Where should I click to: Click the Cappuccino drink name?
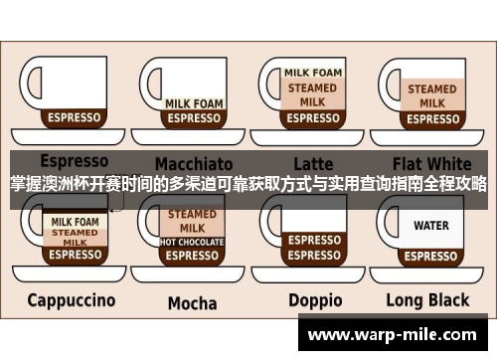(71, 299)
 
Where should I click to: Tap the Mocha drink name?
(192, 302)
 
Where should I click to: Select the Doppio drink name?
(315, 299)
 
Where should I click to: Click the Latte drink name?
(313, 163)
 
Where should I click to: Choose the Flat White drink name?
(431, 162)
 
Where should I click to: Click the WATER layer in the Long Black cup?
(431, 226)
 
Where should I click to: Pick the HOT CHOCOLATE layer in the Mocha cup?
(192, 242)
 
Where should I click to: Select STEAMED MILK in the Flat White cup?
(431, 95)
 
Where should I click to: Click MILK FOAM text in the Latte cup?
(313, 73)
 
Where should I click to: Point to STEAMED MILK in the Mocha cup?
(192, 221)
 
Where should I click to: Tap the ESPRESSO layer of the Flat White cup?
(431, 117)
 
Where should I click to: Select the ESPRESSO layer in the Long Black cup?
(431, 255)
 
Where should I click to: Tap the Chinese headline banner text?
(248, 184)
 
